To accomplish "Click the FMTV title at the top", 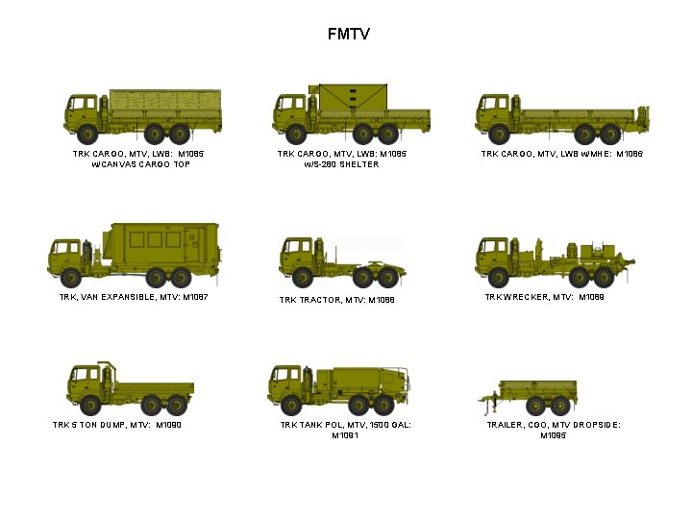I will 348,35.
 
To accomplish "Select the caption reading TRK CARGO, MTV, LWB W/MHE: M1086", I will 562,154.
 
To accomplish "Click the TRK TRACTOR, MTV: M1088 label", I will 337,301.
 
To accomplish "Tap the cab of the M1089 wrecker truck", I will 496,254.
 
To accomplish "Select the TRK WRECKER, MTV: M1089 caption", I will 544,297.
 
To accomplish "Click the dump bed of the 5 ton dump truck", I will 154,390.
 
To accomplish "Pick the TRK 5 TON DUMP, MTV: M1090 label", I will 116,425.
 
